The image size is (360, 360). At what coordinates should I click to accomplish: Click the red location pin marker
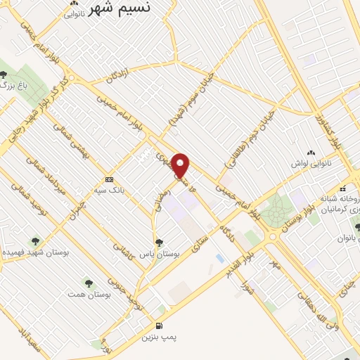pyautogui.click(x=181, y=166)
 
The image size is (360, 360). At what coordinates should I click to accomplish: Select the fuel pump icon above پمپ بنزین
pyautogui.click(x=160, y=326)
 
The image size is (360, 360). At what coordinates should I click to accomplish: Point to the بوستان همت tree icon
pyautogui.click(x=88, y=283)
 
